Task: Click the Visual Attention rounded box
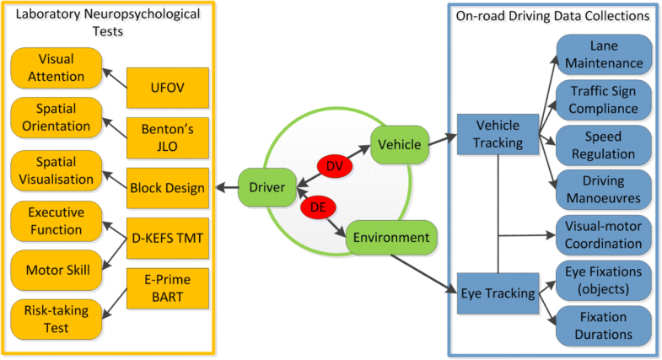(x=56, y=67)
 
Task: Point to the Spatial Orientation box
(x=56, y=120)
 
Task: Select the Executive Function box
(x=56, y=222)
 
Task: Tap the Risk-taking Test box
(x=56, y=320)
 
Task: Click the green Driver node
(x=265, y=187)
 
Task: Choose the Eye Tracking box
(x=498, y=293)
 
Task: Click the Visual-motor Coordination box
(x=605, y=234)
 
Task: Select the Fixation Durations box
(x=605, y=325)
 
